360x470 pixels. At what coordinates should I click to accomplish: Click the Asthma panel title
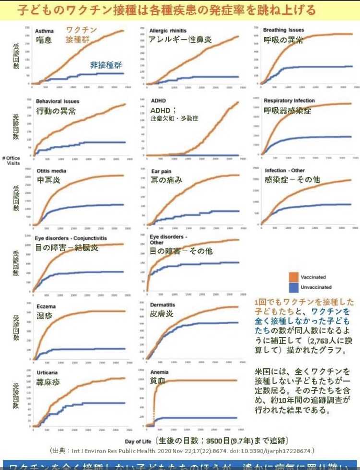click(x=45, y=31)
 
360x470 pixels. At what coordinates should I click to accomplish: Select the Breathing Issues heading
click(x=283, y=30)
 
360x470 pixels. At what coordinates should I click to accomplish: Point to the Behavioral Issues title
click(x=58, y=101)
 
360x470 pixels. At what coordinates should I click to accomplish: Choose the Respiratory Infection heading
click(x=289, y=101)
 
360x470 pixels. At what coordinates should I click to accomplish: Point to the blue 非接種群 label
click(x=106, y=65)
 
